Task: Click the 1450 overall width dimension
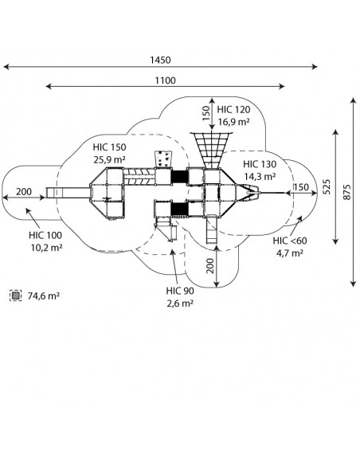(x=160, y=61)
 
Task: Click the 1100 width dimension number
(x=165, y=80)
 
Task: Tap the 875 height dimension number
(x=346, y=192)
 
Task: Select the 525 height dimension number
(x=327, y=186)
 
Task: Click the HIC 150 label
(x=109, y=147)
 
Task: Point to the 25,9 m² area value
(x=110, y=159)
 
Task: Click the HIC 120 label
(x=233, y=110)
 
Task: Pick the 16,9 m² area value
(x=233, y=122)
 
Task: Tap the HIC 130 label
(x=260, y=164)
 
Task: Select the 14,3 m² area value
(x=260, y=176)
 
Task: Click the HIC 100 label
(x=45, y=235)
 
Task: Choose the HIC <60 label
(x=290, y=241)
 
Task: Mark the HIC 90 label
(x=180, y=291)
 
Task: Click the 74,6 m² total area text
(x=44, y=296)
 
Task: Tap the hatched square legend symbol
(x=15, y=296)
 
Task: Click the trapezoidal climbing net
(x=211, y=150)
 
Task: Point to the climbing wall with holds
(x=162, y=159)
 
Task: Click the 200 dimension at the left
(x=24, y=192)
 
